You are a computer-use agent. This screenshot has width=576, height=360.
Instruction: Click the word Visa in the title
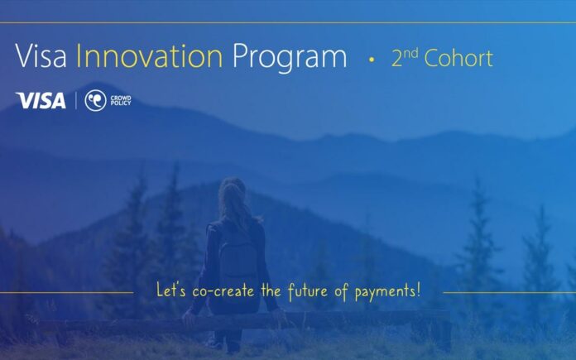[x=41, y=56]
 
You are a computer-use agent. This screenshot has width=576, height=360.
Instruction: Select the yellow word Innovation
[x=149, y=56]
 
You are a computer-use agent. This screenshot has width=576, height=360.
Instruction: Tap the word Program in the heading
[x=290, y=59]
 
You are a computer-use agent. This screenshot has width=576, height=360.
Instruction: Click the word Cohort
[x=458, y=58]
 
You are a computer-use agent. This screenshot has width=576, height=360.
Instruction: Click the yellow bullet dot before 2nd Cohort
[x=372, y=59]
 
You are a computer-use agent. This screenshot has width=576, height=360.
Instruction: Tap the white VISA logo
[x=41, y=100]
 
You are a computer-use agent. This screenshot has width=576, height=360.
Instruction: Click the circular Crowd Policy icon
[x=95, y=100]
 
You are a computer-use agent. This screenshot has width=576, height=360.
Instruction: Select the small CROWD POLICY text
[x=121, y=101]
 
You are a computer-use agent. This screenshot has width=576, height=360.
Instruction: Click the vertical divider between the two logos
[x=76, y=100]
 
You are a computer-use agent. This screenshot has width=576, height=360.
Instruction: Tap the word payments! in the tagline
[x=387, y=291]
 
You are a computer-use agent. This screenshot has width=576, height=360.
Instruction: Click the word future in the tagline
[x=308, y=291]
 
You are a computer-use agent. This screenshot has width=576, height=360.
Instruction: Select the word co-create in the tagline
[x=223, y=291]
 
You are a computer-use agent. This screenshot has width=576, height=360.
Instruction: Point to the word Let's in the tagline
[x=170, y=290]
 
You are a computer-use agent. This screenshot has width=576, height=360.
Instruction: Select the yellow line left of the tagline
[x=66, y=293]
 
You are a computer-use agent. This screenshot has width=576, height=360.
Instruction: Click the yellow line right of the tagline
[x=510, y=293]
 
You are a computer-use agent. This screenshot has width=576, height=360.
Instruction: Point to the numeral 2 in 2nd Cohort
[x=397, y=59]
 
